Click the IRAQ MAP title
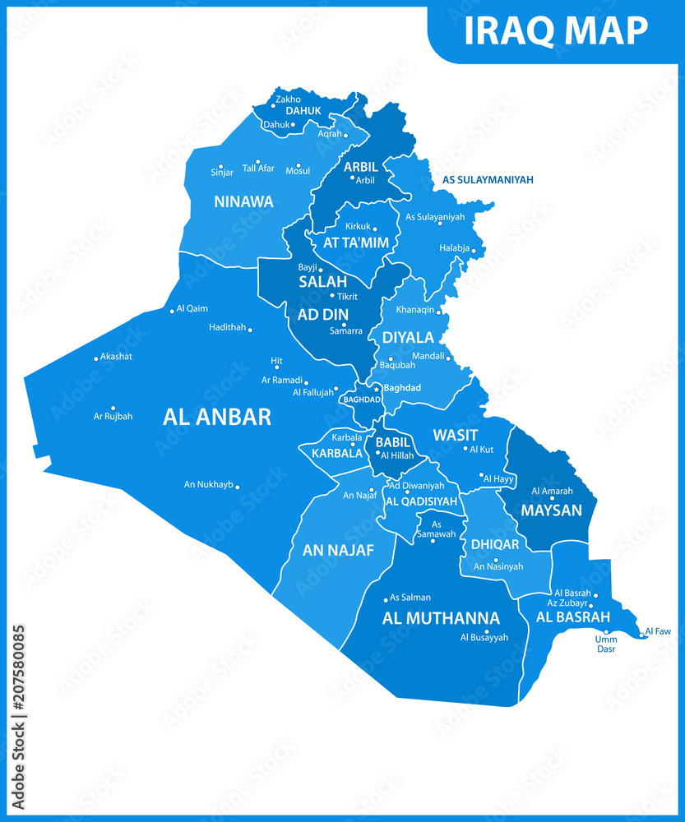(556, 30)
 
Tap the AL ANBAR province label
(217, 417)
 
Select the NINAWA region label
(243, 201)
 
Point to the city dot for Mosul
(299, 164)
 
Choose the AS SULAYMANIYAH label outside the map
(488, 179)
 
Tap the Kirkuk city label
(359, 225)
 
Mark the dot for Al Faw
(641, 635)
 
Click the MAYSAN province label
(551, 510)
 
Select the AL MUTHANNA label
(441, 618)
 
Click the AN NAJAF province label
(339, 550)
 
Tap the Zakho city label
(288, 99)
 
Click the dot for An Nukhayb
(238, 487)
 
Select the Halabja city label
(456, 248)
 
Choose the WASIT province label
(456, 434)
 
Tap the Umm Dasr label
(606, 644)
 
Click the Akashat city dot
(95, 358)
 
